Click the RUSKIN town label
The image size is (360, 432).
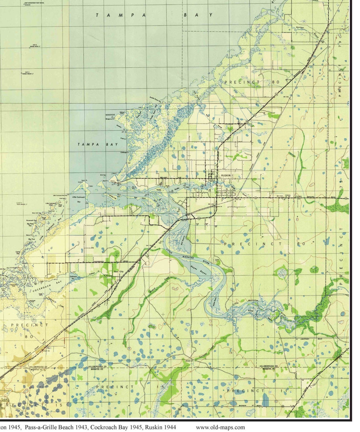[226, 175]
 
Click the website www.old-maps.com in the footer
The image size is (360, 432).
[220, 428]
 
